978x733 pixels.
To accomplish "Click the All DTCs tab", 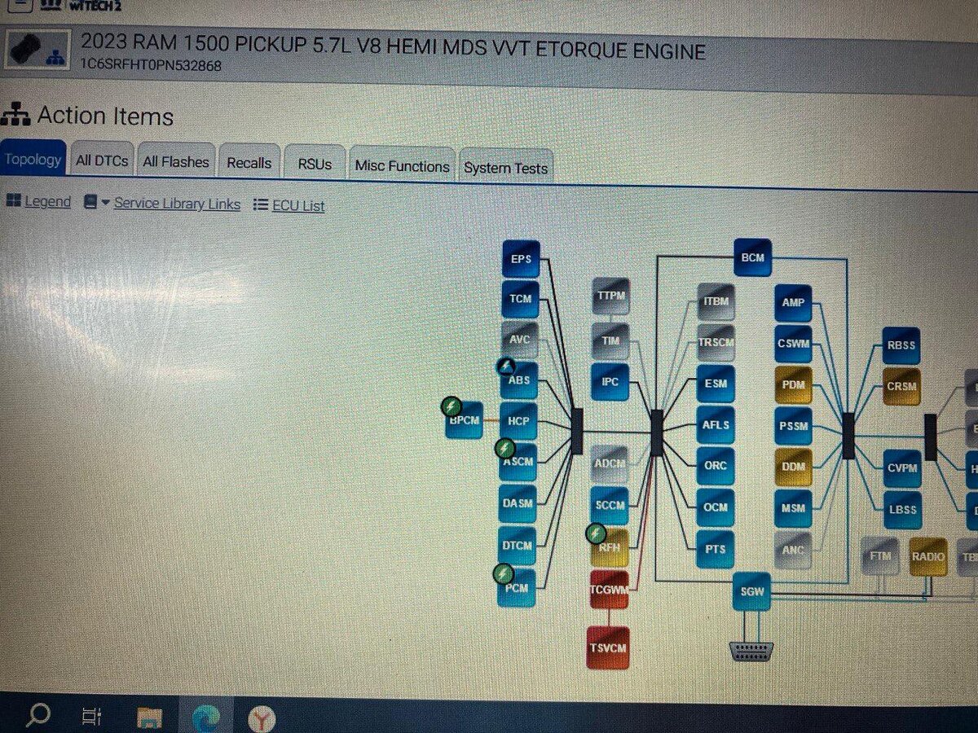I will [x=102, y=160].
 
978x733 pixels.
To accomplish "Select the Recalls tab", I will [x=249, y=163].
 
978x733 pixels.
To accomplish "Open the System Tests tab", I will [x=505, y=168].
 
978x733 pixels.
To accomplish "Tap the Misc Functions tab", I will [x=402, y=165].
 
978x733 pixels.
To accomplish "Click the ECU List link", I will [x=297, y=205].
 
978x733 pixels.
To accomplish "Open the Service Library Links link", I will [x=177, y=204].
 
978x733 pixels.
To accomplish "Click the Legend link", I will [x=47, y=201].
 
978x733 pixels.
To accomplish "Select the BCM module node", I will [x=752, y=257].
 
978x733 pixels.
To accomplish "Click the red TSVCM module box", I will [x=608, y=647].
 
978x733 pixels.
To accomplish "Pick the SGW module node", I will [x=751, y=590].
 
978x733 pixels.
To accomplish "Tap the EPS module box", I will [x=521, y=259].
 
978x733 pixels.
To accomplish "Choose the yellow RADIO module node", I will [x=927, y=557].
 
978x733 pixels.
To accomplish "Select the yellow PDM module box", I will [x=793, y=385].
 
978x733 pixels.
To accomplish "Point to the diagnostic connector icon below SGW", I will [x=751, y=651].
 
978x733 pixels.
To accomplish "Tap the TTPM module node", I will [x=610, y=296].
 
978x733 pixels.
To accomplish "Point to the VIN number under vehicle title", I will [x=151, y=65].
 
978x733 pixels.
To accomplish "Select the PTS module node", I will [x=715, y=548].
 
